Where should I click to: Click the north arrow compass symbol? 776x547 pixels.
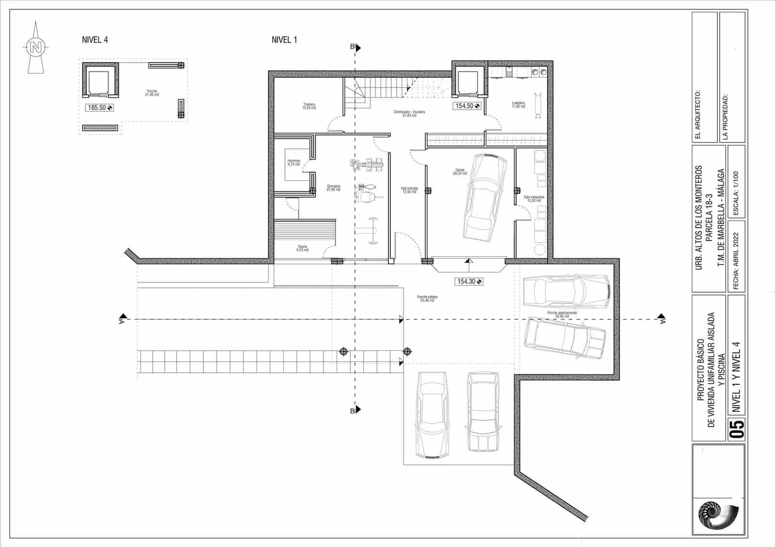point(35,47)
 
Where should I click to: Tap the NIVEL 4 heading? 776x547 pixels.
point(95,40)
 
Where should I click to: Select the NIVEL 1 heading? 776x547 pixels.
point(284,40)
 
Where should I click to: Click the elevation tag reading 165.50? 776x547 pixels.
point(99,108)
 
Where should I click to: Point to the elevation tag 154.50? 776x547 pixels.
point(467,106)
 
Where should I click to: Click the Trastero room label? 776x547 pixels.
point(309,106)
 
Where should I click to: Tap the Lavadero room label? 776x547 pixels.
point(518,104)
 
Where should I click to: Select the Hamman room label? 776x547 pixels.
point(294,162)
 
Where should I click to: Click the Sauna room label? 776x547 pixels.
point(302,248)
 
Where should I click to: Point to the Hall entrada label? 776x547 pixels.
point(409,190)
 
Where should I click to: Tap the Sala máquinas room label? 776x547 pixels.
point(534,199)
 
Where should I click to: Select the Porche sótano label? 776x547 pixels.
point(427,298)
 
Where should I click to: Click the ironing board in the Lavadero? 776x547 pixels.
point(537,105)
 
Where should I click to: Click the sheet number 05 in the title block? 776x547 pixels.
point(737,429)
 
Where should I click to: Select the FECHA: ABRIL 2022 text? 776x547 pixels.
point(736,261)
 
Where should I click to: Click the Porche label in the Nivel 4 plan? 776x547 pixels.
point(152,93)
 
